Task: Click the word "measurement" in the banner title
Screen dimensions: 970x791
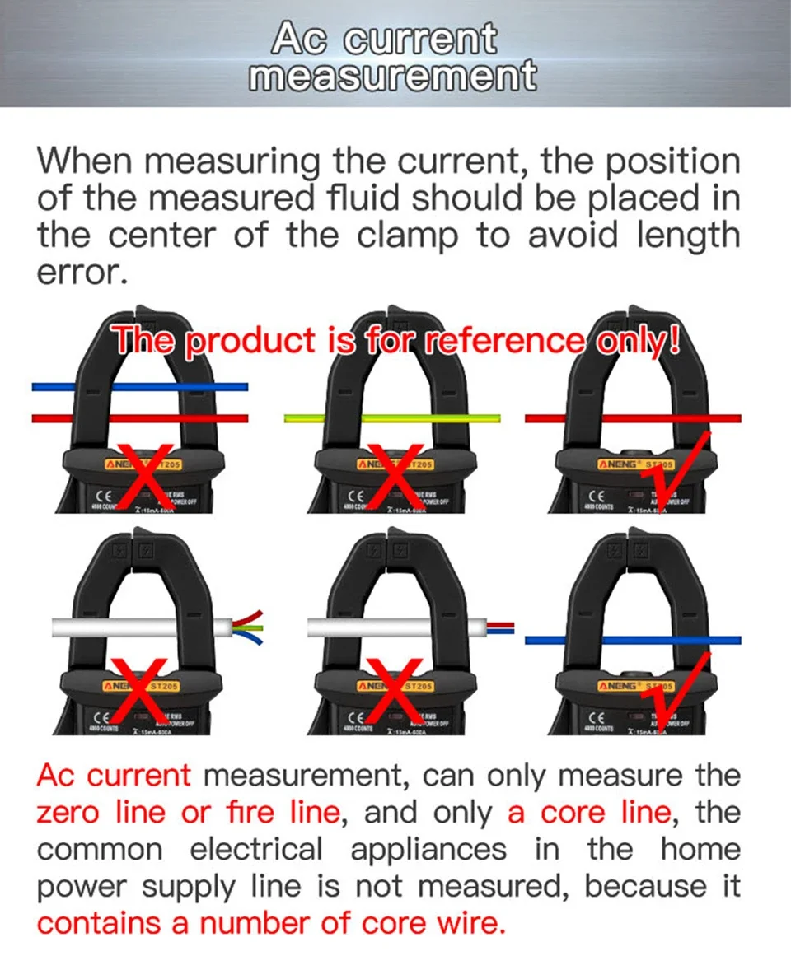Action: (392, 77)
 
